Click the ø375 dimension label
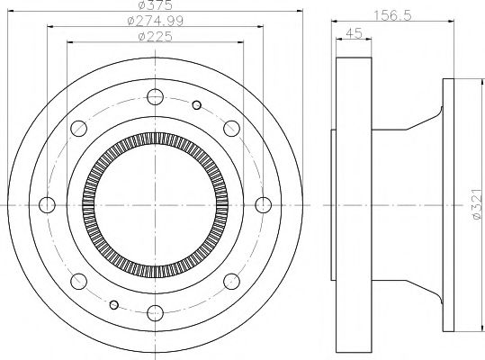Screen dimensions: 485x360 click(x=156, y=4)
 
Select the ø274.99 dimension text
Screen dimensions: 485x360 click(x=156, y=21)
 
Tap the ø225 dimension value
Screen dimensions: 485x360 click(x=156, y=37)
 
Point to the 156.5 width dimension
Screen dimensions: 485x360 click(x=393, y=15)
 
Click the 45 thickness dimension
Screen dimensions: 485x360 click(x=354, y=33)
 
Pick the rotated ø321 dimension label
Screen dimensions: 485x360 click(x=477, y=204)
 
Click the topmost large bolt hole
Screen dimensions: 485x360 click(x=156, y=97)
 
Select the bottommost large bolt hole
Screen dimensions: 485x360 click(x=156, y=312)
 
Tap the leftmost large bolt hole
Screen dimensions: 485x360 click(x=48, y=204)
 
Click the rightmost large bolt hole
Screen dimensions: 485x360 click(x=264, y=204)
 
